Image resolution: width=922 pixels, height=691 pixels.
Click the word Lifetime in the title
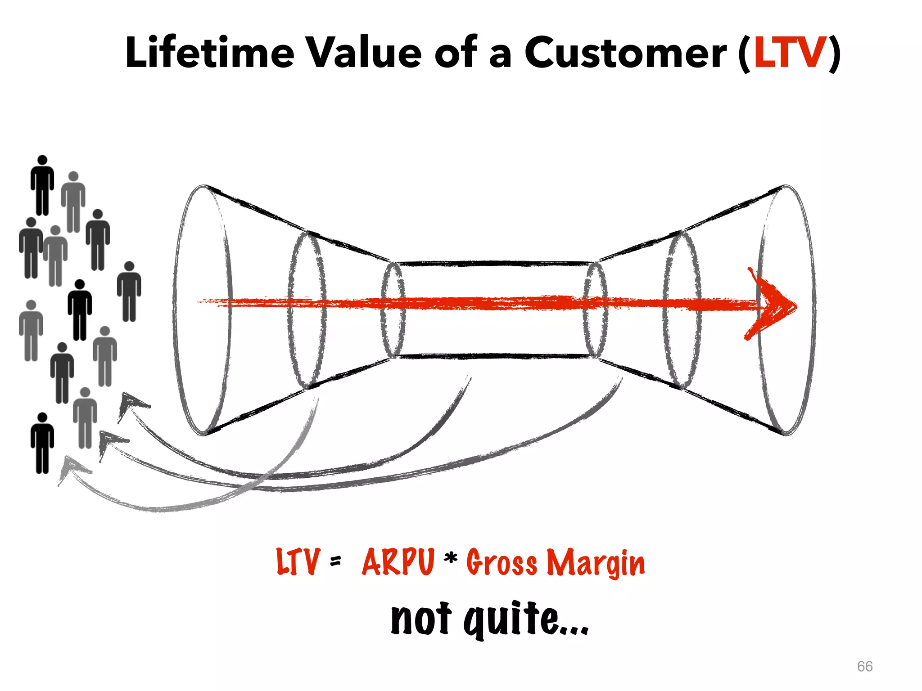(210, 53)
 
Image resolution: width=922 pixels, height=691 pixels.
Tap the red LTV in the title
(790, 53)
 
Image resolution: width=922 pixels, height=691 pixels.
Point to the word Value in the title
(364, 53)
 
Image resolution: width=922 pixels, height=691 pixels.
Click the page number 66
(864, 666)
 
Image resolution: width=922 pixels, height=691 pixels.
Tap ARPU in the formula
(398, 562)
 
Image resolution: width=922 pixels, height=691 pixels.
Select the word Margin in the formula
(596, 563)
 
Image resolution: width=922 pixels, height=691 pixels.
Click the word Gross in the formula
(502, 563)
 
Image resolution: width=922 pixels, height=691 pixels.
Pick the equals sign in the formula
(335, 561)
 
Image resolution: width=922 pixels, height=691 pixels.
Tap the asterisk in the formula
(450, 559)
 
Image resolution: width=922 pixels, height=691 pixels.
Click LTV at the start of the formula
(298, 562)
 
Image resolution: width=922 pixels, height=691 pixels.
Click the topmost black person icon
(42, 184)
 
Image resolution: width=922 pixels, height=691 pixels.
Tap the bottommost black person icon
(42, 443)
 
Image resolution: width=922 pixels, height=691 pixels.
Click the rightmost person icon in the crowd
(129, 291)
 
